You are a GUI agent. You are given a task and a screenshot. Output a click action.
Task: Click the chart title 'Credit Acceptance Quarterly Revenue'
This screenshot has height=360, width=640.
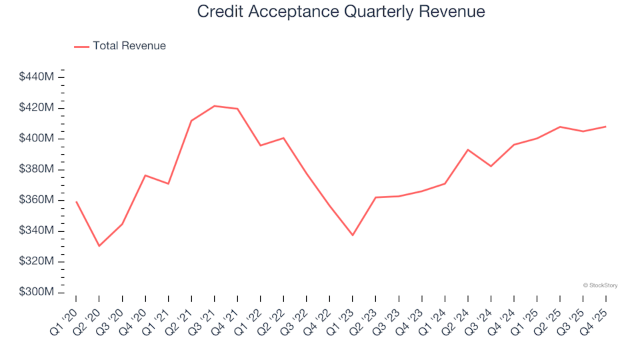pos(341,12)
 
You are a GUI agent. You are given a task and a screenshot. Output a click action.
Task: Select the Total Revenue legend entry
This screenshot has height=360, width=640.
pos(120,46)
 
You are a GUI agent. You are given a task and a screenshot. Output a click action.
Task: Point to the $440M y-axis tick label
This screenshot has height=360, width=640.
pos(37,77)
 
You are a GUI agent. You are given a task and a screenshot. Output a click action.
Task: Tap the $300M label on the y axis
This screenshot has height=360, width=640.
pos(37,292)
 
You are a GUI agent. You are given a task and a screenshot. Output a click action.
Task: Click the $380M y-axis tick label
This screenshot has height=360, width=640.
pos(37,169)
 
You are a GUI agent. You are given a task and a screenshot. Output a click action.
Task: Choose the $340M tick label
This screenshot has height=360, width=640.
pos(37,231)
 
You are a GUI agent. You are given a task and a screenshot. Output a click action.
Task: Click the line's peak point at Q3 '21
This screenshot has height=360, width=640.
pos(214,106)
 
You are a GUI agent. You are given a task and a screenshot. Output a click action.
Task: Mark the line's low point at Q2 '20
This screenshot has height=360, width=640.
pos(99,246)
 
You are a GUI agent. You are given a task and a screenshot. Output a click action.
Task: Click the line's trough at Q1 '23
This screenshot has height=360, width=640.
pos(353,235)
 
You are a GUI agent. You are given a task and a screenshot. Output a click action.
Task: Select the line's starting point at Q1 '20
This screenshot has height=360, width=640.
pos(76,201)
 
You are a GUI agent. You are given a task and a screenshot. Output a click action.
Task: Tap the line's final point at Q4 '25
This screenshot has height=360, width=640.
pos(605,127)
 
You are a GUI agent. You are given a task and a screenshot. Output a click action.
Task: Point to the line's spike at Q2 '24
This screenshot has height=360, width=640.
pos(468,149)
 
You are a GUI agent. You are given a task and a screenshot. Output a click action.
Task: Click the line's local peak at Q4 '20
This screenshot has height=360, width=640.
pos(145,175)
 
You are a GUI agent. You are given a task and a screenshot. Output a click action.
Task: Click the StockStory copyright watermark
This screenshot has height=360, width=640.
pos(600,285)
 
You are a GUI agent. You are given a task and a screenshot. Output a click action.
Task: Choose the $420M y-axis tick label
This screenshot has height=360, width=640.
pos(37,108)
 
